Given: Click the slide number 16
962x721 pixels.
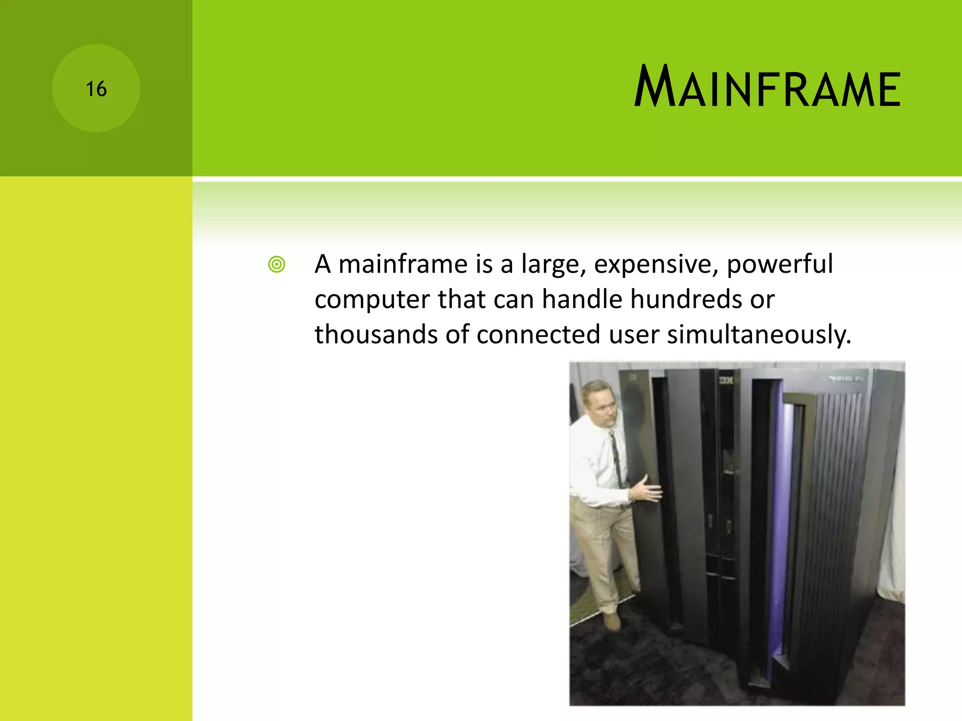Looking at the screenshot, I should pos(96,89).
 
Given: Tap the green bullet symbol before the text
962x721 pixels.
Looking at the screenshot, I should pos(277,265).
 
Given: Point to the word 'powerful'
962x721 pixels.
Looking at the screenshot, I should pos(780,264).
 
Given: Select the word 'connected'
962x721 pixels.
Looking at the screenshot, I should pos(538,335).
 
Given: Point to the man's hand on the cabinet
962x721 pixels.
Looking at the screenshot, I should pos(647,491).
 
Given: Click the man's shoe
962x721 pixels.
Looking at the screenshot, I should pos(612,622).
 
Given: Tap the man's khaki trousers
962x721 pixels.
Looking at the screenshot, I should pos(604,554).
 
